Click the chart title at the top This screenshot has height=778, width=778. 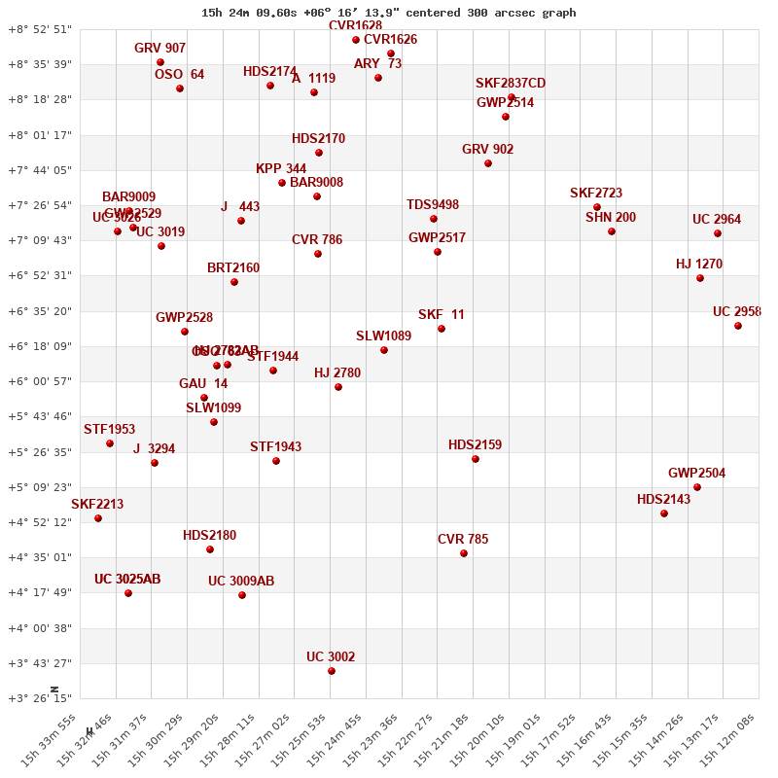point(388,13)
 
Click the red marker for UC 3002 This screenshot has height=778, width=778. point(332,671)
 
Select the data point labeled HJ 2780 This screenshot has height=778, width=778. point(338,387)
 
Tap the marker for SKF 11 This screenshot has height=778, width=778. point(442,329)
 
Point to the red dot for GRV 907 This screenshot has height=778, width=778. point(160,62)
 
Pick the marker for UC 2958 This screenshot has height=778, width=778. point(738,326)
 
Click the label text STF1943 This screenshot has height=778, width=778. point(275,447)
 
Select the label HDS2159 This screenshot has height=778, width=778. point(475,445)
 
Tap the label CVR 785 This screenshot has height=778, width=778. point(463,540)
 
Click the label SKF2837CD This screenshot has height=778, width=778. point(511,84)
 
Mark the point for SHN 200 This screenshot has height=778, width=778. point(612,231)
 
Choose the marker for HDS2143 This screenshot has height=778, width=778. point(664,513)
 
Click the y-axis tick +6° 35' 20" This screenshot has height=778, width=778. point(40,311)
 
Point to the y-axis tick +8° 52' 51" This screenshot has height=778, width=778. point(40,29)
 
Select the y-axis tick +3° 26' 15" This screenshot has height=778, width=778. point(40,698)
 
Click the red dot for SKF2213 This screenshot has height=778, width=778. point(98,518)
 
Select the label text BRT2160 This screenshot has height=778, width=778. point(233,268)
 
